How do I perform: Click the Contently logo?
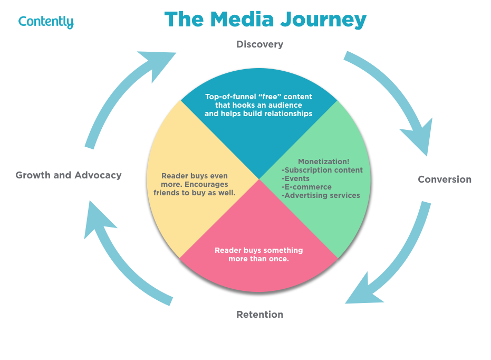[46, 22]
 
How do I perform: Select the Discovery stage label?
[259, 44]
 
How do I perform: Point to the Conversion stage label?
[444, 179]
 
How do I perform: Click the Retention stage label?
[259, 315]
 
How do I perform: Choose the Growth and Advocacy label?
[69, 175]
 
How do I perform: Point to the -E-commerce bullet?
[306, 187]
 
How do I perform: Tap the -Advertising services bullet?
[321, 195]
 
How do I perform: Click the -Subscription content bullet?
[322, 170]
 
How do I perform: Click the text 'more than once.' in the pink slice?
[258, 259]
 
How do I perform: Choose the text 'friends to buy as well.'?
[194, 193]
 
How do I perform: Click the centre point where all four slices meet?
[259, 180]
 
